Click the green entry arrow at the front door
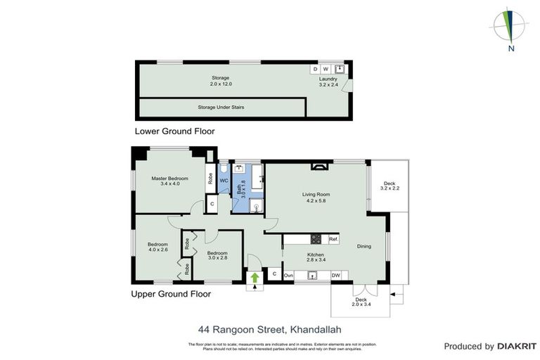tap(255, 278)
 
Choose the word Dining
tap(364, 246)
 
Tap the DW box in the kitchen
tap(336, 275)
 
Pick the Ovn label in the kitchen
tap(288, 275)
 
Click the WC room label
tap(224, 181)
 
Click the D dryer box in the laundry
tap(315, 69)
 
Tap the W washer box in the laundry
tap(326, 69)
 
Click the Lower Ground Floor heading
tap(174, 131)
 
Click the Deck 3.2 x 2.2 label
tap(390, 186)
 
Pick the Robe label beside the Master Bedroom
tap(210, 179)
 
